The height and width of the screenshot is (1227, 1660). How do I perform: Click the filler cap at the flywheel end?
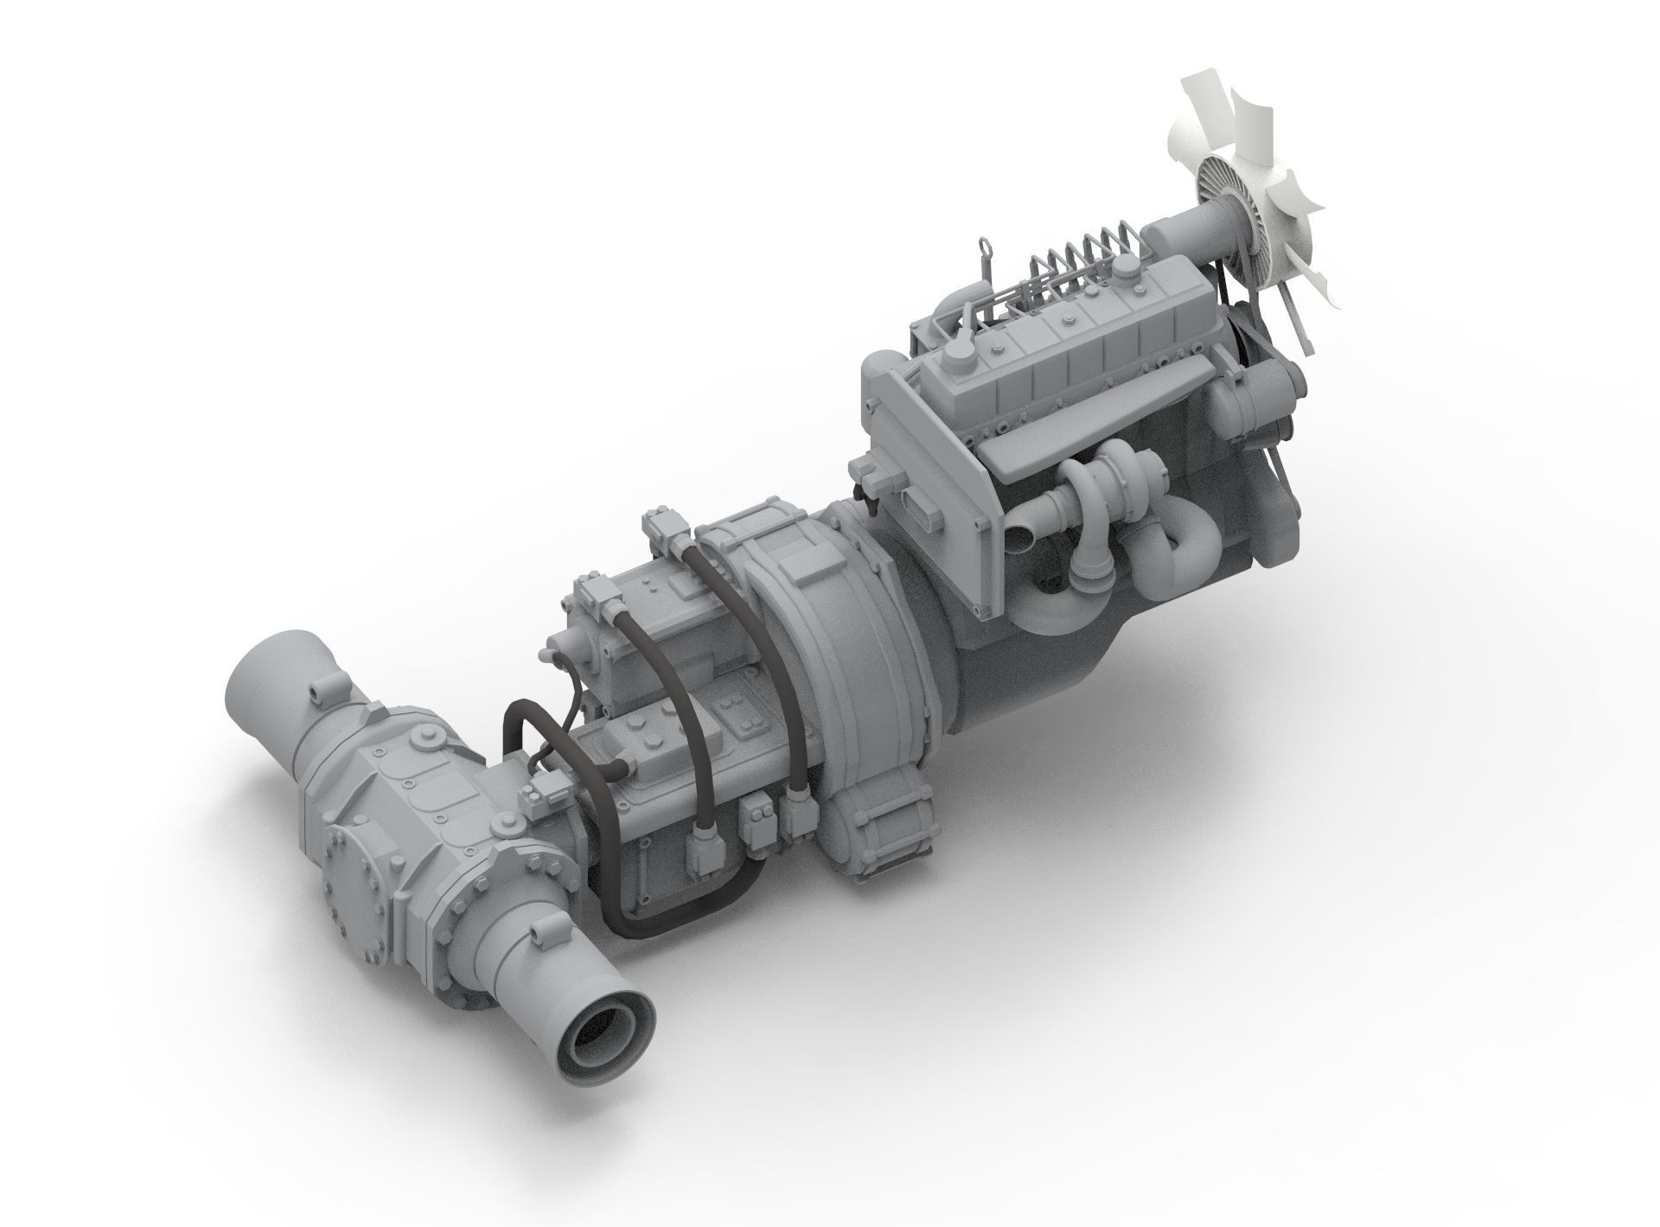click(958, 355)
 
